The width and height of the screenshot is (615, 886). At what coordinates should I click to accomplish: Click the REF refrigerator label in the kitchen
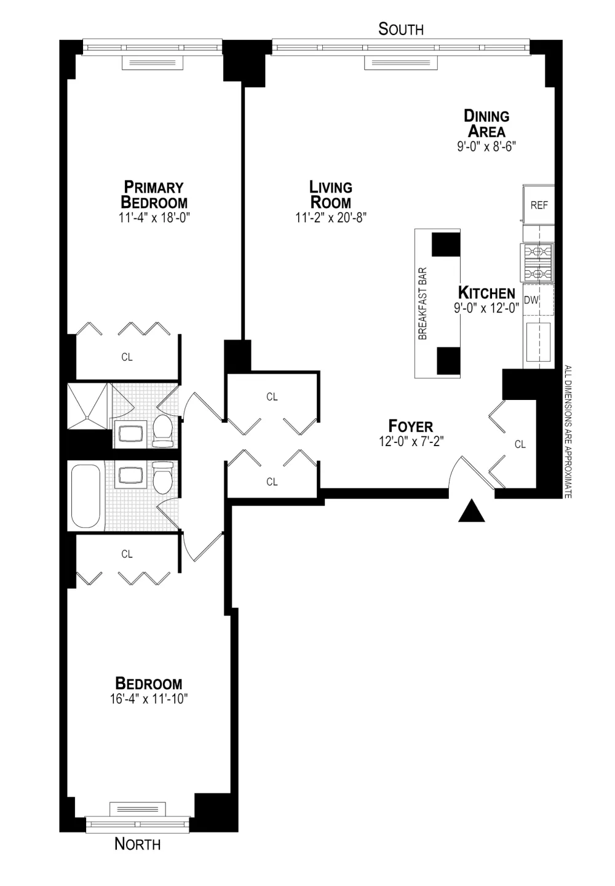[539, 206]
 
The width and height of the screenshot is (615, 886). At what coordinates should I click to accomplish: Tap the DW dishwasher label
[531, 300]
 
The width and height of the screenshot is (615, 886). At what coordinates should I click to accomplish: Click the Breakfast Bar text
[423, 303]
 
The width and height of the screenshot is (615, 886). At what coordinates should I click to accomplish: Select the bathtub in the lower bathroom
[85, 496]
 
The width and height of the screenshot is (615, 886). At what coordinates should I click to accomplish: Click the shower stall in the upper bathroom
[87, 406]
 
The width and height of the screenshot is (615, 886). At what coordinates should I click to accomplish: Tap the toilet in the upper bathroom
[162, 430]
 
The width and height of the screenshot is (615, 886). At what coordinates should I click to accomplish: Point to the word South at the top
[401, 29]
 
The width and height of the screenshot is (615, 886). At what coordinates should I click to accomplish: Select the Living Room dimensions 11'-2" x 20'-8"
[331, 218]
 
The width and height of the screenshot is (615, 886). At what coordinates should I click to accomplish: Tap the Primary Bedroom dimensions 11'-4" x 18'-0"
[154, 218]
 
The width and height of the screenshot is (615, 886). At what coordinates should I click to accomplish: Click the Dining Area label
[486, 124]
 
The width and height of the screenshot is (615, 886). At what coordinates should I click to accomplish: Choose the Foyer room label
[411, 426]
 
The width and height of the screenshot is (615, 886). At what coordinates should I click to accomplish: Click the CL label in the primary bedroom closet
[127, 357]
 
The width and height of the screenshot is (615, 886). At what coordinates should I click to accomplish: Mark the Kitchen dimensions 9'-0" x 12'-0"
[486, 308]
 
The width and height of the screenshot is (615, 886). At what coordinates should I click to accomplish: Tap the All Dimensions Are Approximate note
[568, 431]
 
